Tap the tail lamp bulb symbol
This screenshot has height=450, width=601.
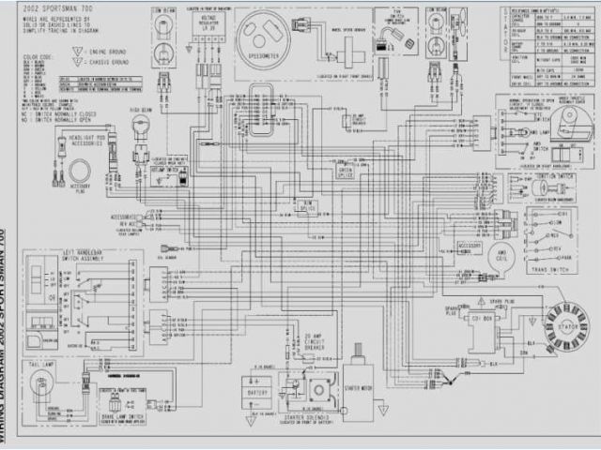(43, 385)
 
